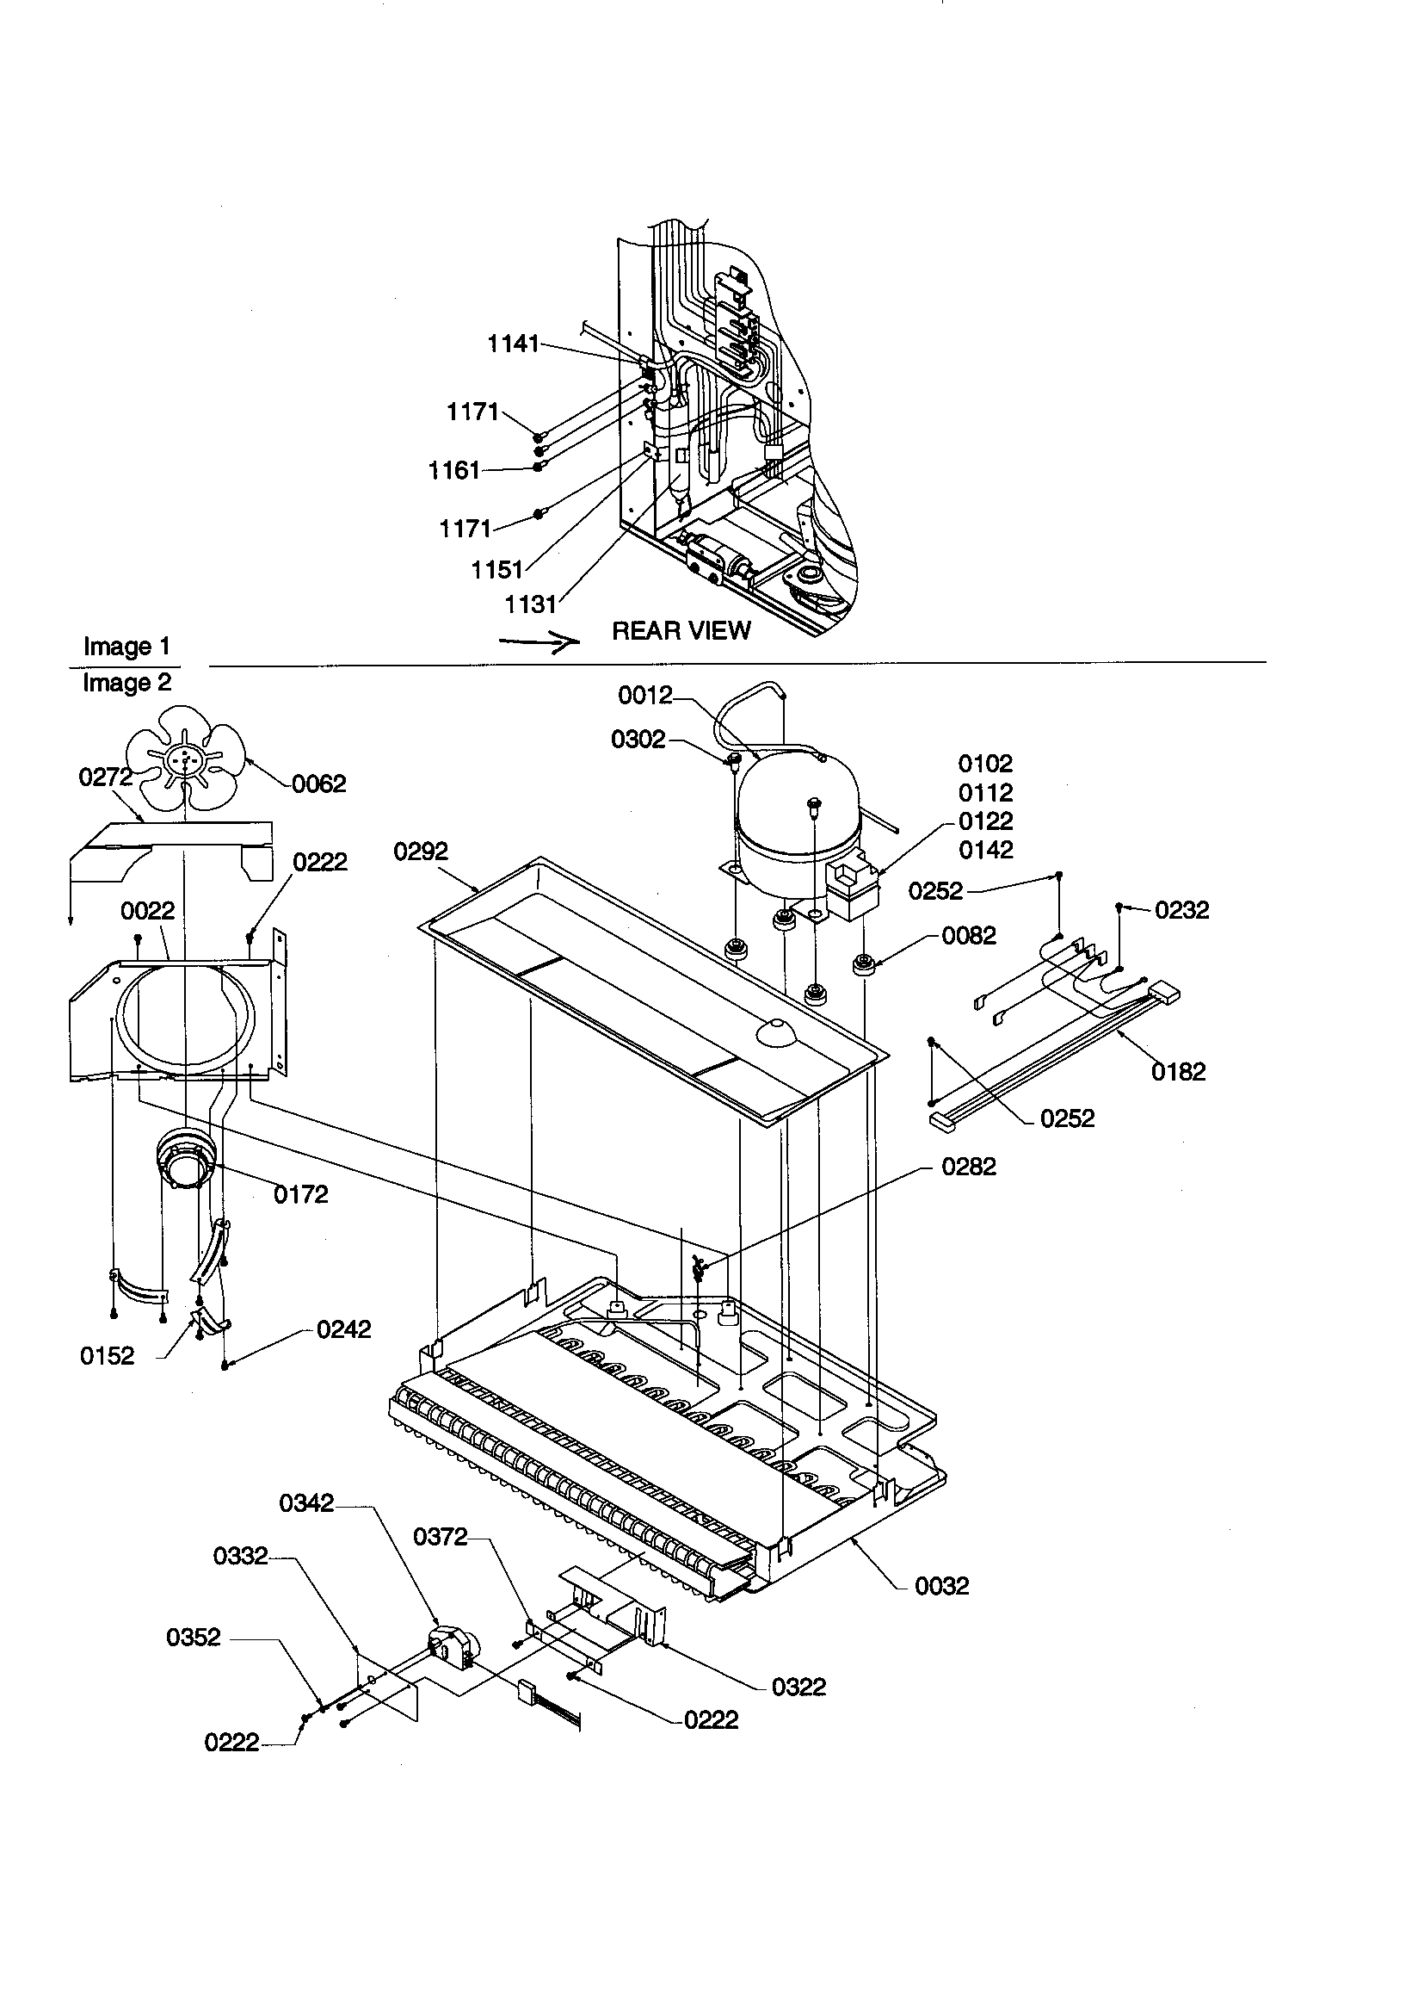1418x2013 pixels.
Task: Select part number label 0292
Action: [x=421, y=852]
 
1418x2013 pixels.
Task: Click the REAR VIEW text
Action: [x=681, y=631]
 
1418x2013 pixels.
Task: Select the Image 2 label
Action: [x=126, y=682]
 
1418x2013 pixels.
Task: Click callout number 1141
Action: [x=513, y=344]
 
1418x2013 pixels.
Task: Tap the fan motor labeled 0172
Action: [x=183, y=1159]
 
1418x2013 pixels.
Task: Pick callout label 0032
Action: [x=941, y=1585]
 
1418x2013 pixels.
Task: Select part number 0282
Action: [x=968, y=1167]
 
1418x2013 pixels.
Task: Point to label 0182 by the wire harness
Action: [x=1178, y=1071]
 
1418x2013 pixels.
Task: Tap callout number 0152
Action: [x=107, y=1356]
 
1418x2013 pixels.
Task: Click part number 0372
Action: [x=440, y=1537]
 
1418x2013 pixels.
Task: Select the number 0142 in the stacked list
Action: [x=985, y=850]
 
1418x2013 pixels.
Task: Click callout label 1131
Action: [x=530, y=604]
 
